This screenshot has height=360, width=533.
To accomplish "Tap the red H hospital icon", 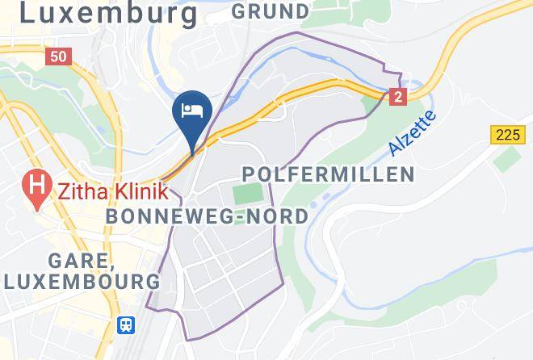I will click(36, 190).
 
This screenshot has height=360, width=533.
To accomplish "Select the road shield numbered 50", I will click(60, 57).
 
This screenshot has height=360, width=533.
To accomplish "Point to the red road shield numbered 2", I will click(397, 97).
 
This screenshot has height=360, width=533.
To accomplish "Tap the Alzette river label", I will click(411, 133).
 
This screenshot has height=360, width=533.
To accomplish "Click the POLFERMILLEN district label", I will click(328, 174).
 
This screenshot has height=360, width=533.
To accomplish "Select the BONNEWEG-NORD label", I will click(208, 216).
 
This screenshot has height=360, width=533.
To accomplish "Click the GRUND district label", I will click(270, 11).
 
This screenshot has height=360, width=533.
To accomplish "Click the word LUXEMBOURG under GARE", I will click(82, 282).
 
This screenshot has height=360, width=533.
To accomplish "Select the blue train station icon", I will click(127, 325).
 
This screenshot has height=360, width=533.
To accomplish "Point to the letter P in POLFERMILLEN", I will click(249, 174).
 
